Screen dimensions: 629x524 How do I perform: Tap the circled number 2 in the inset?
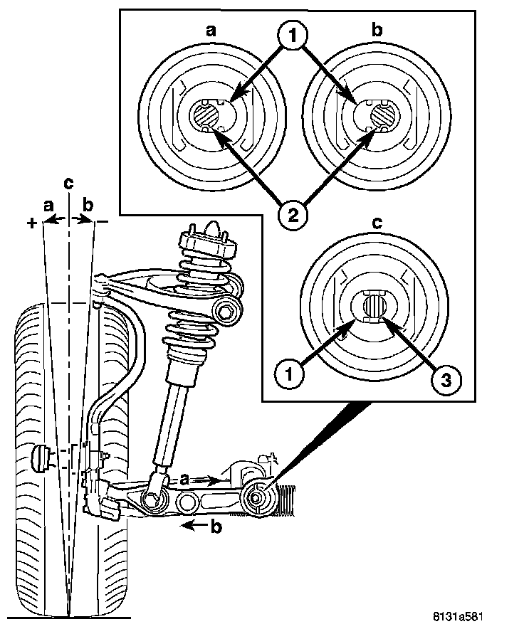point(293,213)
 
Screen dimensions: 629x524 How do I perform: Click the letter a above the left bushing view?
point(211,32)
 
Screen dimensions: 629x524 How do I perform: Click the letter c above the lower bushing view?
point(377,222)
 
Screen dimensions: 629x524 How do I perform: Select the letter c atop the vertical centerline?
point(68,183)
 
